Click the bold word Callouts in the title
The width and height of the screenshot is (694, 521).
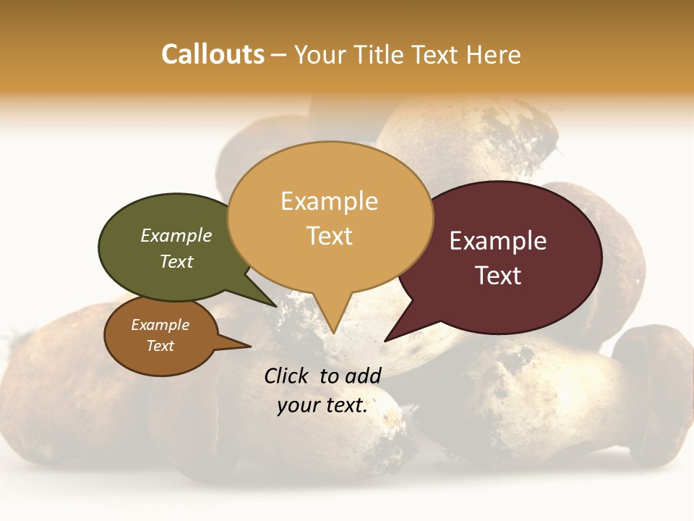coord(213,54)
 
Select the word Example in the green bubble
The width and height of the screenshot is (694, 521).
coord(176,235)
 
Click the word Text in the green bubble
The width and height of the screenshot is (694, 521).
coord(176,261)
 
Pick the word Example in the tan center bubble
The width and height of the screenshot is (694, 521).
coord(329,201)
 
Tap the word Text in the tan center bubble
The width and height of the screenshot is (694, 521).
coord(329,236)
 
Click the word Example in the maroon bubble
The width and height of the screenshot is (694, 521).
coord(498,241)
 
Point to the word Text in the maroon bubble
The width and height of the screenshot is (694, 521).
coord(498,276)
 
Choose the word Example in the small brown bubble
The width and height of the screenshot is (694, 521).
coord(160,325)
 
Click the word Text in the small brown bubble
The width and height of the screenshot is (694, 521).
coord(160,346)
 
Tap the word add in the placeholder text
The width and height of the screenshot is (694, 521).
coord(364,376)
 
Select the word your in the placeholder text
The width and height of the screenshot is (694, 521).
coord(297,405)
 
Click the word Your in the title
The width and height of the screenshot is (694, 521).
coord(322,54)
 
